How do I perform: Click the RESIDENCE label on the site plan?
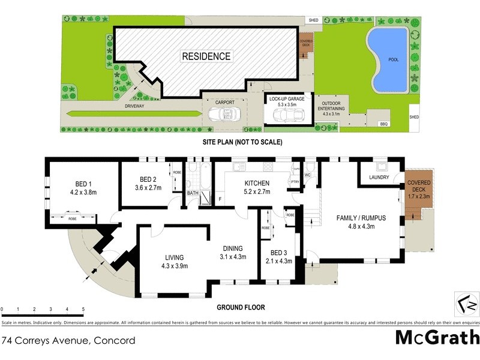206,56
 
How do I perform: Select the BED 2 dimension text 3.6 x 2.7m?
148,188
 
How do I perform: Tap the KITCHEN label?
256,183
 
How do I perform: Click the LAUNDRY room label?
379,178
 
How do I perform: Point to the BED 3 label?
280,253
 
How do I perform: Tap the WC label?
308,175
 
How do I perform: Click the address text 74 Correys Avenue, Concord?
68,341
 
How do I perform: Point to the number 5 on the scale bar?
83,310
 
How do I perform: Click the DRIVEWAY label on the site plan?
134,106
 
